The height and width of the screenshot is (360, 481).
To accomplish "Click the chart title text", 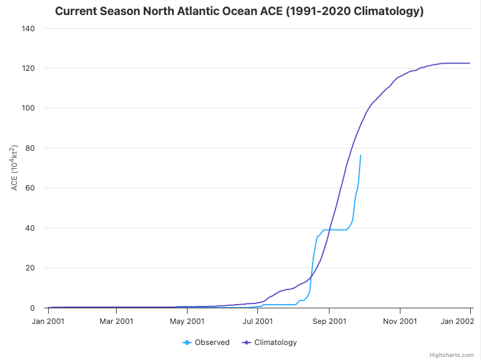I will (239, 11).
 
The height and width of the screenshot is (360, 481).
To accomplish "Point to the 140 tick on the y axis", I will (28, 29).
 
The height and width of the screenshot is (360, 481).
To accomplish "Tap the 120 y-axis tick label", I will (28, 69).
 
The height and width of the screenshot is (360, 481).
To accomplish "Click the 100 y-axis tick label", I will (28, 108).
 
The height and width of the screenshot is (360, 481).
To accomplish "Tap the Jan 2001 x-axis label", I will (48, 321).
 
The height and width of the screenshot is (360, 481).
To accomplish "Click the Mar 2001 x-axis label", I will (116, 321).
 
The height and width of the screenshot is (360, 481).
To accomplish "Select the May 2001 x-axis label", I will (187, 321).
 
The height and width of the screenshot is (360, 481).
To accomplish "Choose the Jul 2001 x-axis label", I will (257, 321).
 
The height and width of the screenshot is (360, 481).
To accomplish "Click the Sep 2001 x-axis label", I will (329, 321).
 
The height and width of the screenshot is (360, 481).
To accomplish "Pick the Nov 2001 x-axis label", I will (400, 321).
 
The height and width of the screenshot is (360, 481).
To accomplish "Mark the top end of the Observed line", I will (361, 155).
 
